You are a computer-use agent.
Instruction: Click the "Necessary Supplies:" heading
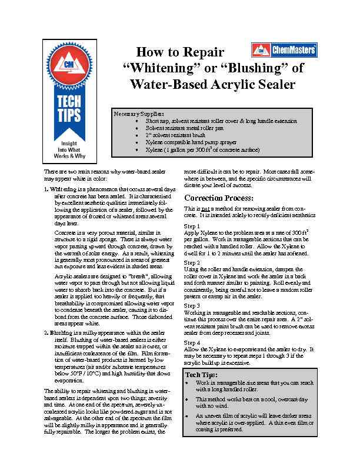point(139,114)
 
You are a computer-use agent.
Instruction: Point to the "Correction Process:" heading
point(219,197)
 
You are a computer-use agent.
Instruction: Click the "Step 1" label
point(192,226)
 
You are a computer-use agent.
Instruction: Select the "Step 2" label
point(192,262)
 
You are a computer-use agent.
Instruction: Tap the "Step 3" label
point(192,306)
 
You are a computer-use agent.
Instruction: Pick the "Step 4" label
point(192,342)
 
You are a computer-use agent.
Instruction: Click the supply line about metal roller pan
point(182,128)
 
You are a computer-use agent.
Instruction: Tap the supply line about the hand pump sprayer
point(188,142)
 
